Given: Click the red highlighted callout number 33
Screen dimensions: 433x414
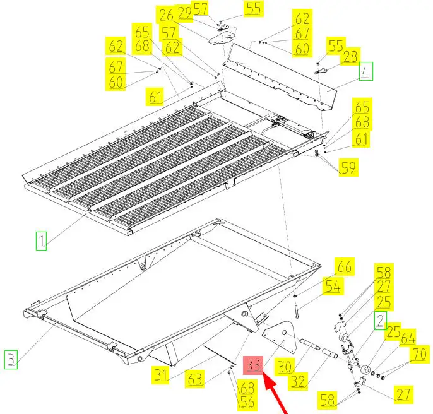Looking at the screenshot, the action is [x=253, y=365].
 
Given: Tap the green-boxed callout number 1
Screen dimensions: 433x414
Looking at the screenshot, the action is [x=41, y=241].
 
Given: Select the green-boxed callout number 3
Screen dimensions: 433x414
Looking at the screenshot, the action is [x=11, y=359].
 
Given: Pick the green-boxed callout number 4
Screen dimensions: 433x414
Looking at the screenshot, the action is [x=366, y=71].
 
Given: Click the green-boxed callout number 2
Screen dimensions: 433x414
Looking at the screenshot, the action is [x=380, y=321].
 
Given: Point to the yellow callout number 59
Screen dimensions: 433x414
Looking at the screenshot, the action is [x=348, y=167].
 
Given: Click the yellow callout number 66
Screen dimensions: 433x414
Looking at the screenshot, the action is [x=345, y=266].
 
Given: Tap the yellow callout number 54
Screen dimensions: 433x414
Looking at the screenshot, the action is [x=333, y=286].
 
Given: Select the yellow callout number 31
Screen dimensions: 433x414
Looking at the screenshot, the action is [x=162, y=375].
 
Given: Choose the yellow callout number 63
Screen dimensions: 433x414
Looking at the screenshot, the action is [x=195, y=379].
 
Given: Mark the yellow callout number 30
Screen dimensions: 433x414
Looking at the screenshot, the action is [x=285, y=367].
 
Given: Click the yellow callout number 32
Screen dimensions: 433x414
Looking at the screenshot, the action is [x=298, y=381].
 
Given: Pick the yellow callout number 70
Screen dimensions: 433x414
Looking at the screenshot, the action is [x=420, y=354].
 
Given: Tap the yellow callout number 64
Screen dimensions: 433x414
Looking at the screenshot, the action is [x=408, y=338].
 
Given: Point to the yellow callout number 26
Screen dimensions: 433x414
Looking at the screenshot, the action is [x=166, y=15].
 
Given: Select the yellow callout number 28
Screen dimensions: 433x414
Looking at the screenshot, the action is [x=350, y=56].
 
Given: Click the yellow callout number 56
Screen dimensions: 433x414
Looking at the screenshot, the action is [x=247, y=402].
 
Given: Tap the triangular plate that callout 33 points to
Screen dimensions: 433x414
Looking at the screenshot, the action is [x=280, y=337].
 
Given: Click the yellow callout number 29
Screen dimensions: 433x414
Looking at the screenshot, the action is [x=184, y=13].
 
